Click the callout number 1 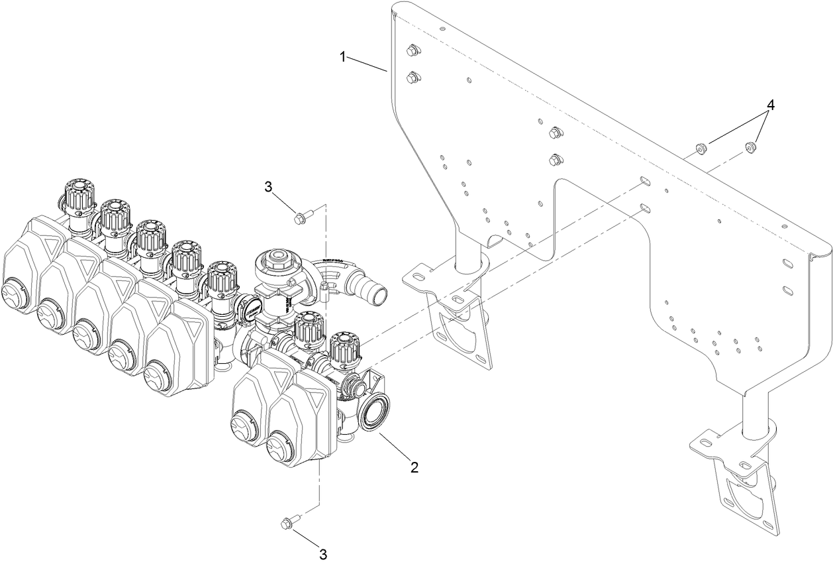[x=343, y=57]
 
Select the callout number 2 [x=415, y=467]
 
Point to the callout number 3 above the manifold [x=268, y=188]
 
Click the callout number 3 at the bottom [x=322, y=553]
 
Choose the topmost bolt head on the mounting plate [x=412, y=50]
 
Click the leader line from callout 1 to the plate [x=367, y=64]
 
